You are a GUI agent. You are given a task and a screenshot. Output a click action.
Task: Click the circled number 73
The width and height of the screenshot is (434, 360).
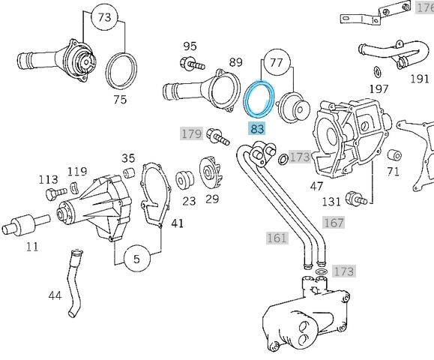104,16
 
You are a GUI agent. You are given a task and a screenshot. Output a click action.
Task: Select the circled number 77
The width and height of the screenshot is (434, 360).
277,62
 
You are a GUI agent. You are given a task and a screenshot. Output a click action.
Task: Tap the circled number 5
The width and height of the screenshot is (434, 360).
136,259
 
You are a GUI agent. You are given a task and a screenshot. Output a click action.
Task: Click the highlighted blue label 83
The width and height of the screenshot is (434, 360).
258,128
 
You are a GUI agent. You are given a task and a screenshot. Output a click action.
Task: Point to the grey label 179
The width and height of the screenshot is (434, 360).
191,134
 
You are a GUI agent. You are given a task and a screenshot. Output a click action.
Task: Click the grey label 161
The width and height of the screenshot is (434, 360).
277,238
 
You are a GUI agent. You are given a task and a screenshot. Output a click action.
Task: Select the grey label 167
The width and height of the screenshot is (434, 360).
334,223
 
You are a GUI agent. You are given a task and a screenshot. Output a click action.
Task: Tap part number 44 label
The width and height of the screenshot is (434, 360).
55,295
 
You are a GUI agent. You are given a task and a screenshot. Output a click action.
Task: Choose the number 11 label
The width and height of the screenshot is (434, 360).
31,246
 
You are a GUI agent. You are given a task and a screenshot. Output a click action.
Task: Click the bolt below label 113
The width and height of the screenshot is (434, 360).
52,194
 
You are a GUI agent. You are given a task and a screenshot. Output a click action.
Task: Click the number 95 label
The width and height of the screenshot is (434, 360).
190,46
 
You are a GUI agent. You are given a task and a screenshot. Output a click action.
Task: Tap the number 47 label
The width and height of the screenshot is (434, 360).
317,184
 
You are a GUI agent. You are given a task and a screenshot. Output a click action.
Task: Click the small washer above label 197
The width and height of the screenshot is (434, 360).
376,71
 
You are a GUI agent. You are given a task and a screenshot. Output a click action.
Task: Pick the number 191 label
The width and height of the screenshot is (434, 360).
419,77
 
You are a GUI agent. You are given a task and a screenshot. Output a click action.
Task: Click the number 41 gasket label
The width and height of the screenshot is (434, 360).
177,223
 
